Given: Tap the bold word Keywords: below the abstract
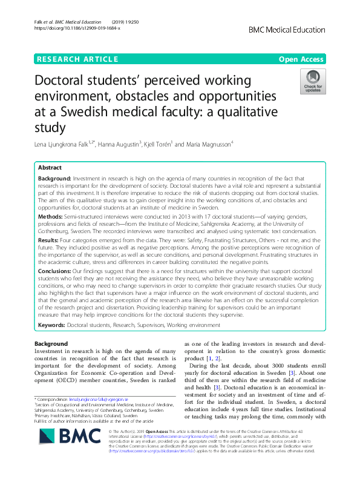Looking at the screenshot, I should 51,325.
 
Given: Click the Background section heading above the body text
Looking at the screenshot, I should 51,344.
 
